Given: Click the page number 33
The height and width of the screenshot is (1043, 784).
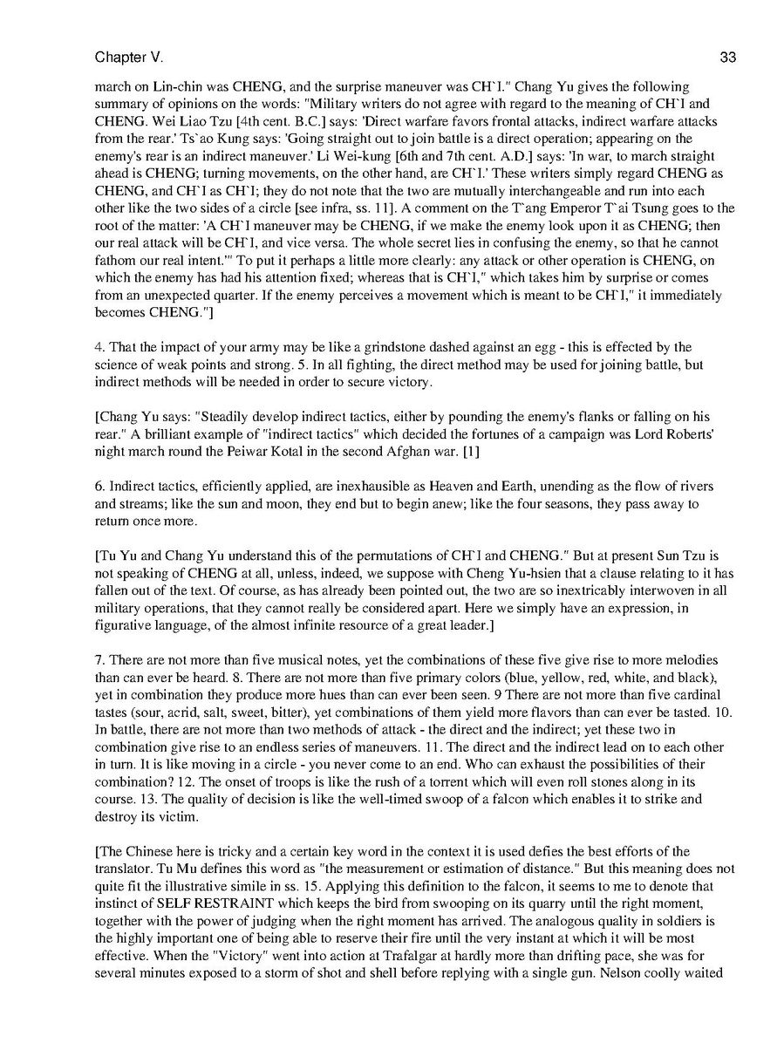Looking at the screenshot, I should (x=728, y=58).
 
